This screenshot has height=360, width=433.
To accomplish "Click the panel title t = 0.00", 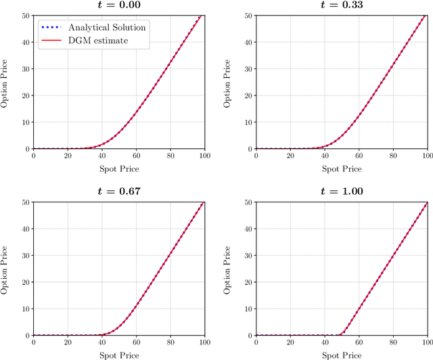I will pos(119,5).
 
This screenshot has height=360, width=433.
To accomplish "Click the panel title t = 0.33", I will pos(342,5).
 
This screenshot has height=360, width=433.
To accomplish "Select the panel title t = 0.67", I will pos(119,192).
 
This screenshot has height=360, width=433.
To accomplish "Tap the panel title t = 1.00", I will pos(342,192).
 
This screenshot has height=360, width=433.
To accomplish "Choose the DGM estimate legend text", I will pos(97,41).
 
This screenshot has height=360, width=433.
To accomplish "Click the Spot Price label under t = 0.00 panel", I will pos(120,168).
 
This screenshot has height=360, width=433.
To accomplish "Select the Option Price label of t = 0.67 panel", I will pos(6,269).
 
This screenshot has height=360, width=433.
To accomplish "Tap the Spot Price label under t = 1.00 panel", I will pos(342,355).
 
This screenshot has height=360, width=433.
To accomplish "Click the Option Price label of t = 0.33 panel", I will pos(229,82).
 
